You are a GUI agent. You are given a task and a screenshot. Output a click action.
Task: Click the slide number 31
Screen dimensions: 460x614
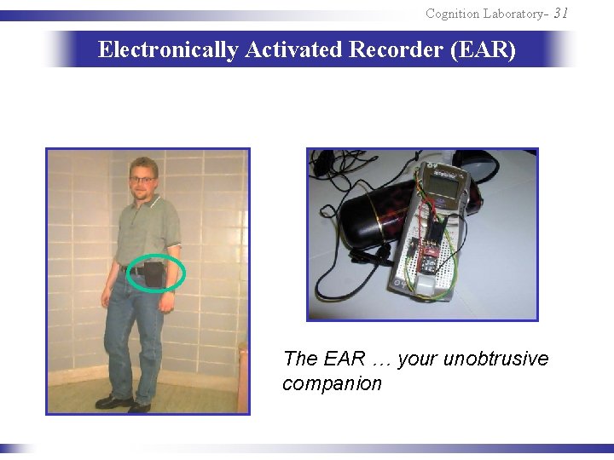click(x=560, y=13)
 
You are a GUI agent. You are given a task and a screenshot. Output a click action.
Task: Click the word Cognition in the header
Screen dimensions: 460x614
click(x=454, y=14)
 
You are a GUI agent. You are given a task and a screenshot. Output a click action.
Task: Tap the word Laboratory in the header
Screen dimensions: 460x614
click(x=515, y=14)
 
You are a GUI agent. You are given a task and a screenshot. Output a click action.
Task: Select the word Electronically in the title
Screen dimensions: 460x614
click(x=168, y=50)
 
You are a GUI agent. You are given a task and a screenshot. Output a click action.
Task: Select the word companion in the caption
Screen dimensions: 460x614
click(x=332, y=383)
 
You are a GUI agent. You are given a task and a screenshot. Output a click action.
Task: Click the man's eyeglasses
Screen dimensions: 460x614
click(x=142, y=180)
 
